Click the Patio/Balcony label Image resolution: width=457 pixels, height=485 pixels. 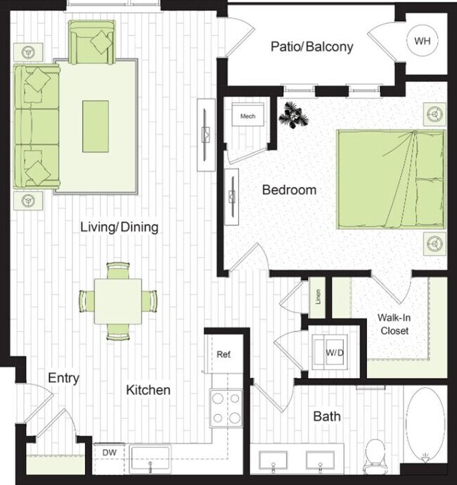(x=311, y=47)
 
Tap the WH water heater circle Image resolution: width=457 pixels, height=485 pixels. (x=421, y=41)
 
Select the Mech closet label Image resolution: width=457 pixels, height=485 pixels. (x=247, y=116)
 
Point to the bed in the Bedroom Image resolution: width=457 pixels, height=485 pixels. (x=390, y=179)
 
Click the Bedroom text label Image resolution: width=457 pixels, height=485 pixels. (x=289, y=190)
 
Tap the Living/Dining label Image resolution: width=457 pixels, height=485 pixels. (x=119, y=227)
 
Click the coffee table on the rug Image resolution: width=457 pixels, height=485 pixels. (x=96, y=126)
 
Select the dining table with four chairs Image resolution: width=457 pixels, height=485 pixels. (x=118, y=299)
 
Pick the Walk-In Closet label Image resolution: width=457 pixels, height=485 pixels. (x=394, y=324)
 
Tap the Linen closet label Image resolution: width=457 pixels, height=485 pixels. (x=317, y=298)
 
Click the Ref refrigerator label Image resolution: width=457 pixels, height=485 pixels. (x=224, y=354)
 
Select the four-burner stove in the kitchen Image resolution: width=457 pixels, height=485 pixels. (x=226, y=408)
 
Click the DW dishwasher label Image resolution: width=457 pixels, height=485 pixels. (x=109, y=452)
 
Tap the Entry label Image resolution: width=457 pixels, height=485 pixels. (x=63, y=378)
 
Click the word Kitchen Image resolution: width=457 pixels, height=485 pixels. (x=148, y=390)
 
